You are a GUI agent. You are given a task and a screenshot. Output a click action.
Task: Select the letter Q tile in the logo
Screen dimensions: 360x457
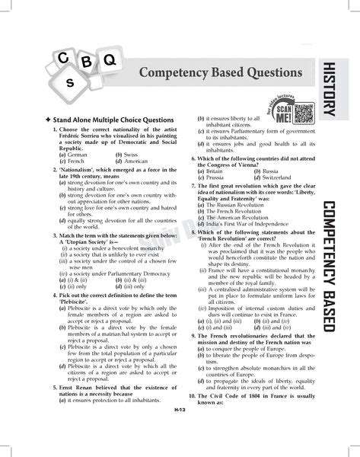(x=108, y=58)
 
